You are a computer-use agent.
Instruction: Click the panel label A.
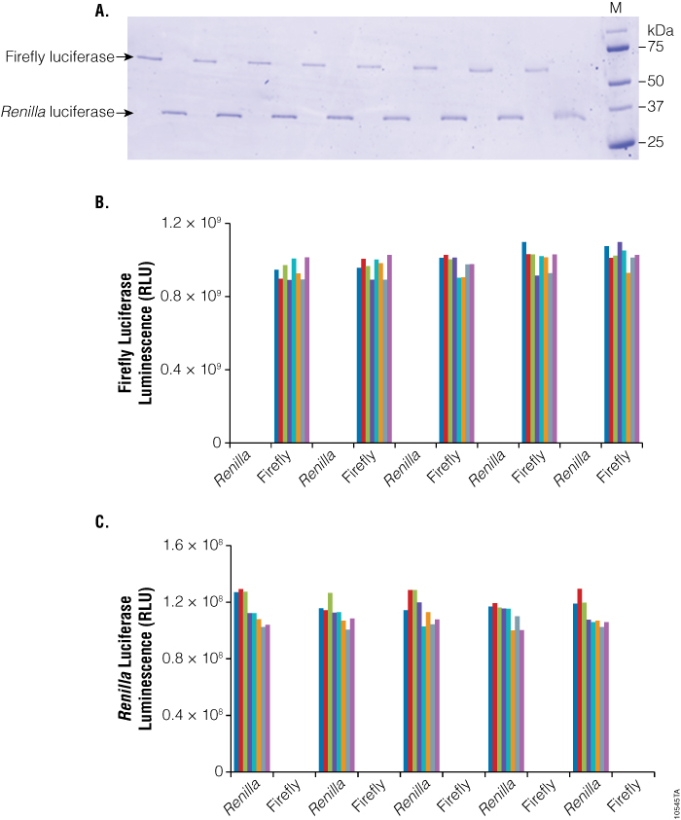100,11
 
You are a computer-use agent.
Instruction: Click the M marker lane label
614,9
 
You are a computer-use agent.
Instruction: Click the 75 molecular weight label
657,46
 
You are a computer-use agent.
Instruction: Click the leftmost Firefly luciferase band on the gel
149,58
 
